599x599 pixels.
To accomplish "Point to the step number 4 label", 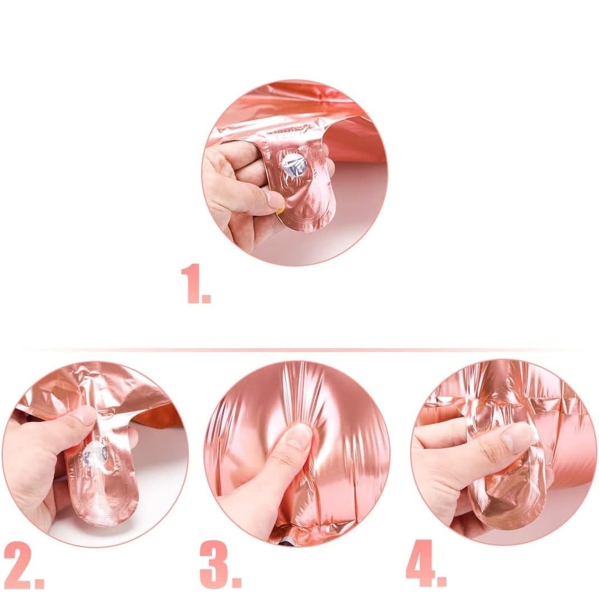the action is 426,563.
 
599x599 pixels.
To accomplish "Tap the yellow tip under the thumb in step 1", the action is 280,210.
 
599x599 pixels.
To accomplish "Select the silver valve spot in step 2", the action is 96,454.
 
